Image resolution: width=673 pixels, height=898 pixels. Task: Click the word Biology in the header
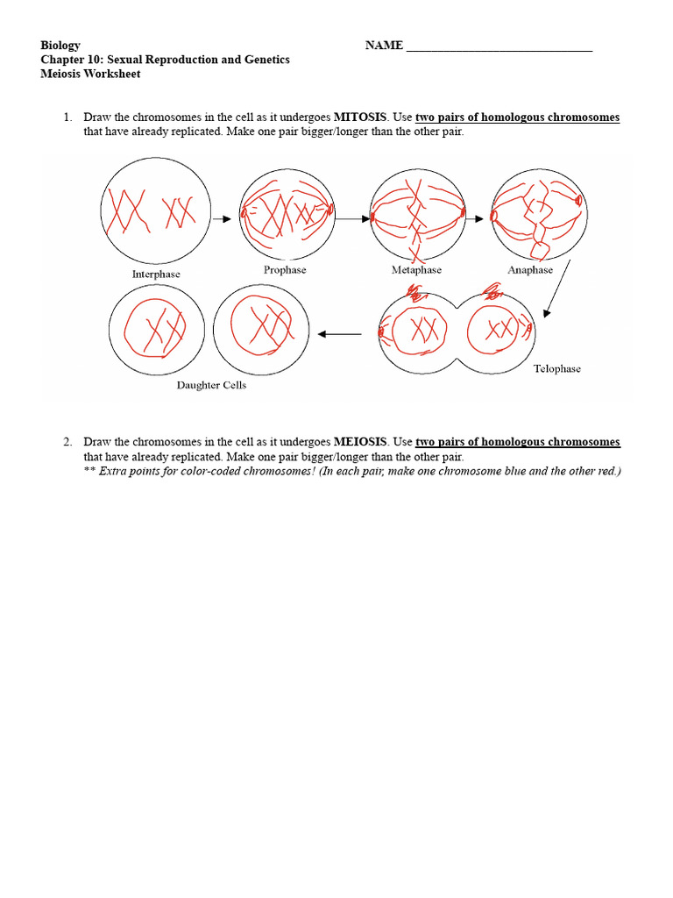pos(60,46)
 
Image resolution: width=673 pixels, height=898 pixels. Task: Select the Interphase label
pos(156,274)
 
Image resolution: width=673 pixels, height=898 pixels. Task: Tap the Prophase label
pos(285,270)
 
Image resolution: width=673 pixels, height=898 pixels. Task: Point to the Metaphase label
pos(416,270)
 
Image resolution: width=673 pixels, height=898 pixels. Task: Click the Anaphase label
pos(530,270)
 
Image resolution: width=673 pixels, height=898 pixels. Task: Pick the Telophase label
pos(557,369)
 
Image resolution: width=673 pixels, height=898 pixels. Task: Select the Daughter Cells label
pos(211,385)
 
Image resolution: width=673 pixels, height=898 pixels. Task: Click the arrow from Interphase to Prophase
pos(222,219)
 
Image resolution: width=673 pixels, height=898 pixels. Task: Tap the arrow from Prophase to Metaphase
pos(353,219)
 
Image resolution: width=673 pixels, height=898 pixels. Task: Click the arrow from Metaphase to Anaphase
pos(473,219)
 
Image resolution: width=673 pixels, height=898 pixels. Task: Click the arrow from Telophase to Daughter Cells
pos(340,334)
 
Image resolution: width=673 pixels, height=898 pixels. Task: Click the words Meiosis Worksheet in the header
pos(90,74)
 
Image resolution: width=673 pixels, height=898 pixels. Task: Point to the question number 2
pos(66,442)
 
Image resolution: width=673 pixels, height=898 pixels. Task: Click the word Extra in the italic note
pos(115,471)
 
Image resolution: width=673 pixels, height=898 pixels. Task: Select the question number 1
pos(66,118)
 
